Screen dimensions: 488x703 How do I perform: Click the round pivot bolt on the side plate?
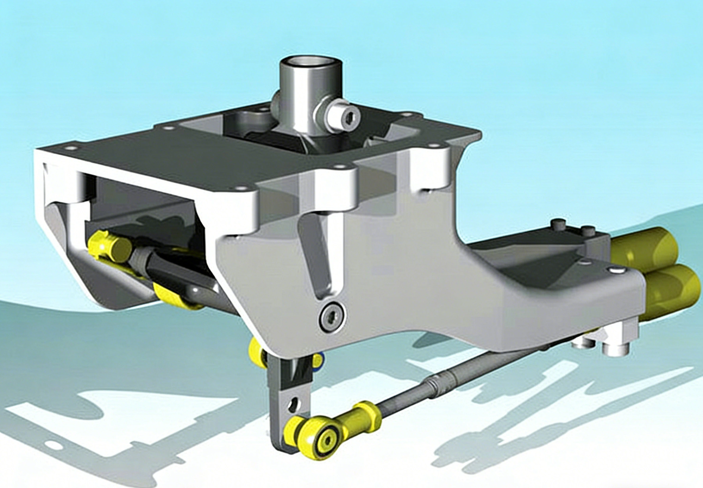[x=332, y=315]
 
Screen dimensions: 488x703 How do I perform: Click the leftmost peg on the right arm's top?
[x=559, y=224]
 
